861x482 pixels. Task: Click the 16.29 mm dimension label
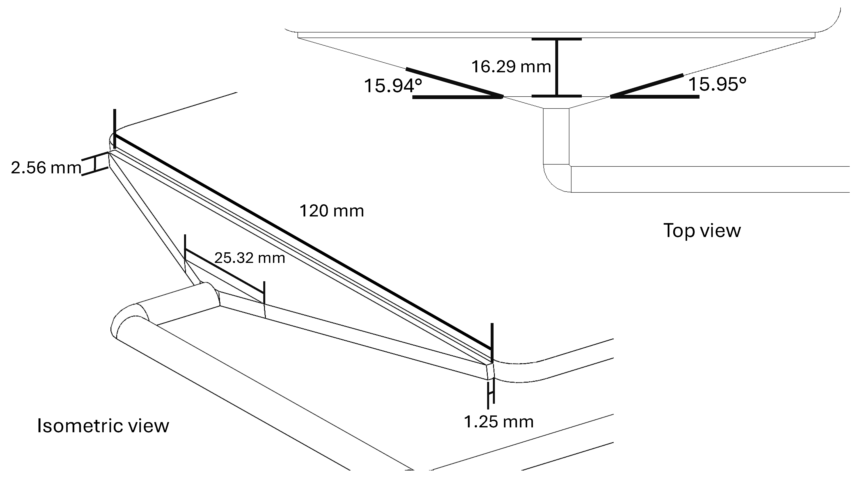click(511, 67)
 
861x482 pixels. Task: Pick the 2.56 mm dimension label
click(46, 168)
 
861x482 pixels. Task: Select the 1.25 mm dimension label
click(499, 422)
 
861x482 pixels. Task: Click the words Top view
click(702, 230)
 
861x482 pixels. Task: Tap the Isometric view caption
click(103, 426)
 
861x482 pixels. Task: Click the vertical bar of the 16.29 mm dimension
click(557, 67)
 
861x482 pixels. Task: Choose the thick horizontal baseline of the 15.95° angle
click(655, 97)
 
